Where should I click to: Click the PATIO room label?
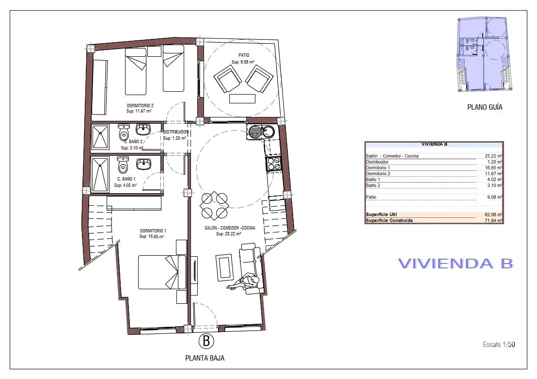coord(244,55)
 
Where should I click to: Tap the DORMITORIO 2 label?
coord(140,106)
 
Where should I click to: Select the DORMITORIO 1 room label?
coord(153,231)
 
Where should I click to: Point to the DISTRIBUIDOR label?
coord(176,132)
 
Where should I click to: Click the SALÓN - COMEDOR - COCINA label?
coord(230,228)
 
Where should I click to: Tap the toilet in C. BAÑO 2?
coord(124,132)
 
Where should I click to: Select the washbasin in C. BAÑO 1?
coord(143,164)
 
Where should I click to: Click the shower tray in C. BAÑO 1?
coord(100,174)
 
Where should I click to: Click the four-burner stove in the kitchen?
coord(274,164)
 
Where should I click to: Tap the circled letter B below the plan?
coord(206,341)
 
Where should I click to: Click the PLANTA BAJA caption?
coord(205,358)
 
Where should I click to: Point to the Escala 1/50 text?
coord(499,345)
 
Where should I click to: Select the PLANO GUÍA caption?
coord(485,107)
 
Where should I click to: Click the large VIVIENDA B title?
coord(456,264)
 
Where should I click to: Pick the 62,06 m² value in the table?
coord(493,214)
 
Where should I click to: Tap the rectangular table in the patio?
coord(242,99)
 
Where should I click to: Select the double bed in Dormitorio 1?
coord(162,272)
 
